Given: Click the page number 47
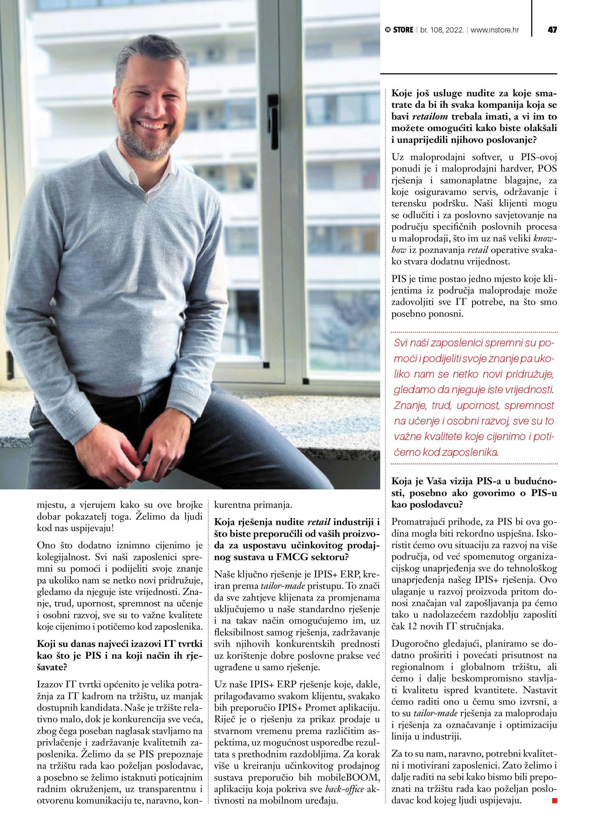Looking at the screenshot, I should tap(552, 30).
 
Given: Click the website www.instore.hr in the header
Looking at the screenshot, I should tap(495, 30).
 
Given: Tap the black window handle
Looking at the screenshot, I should tap(273, 121).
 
